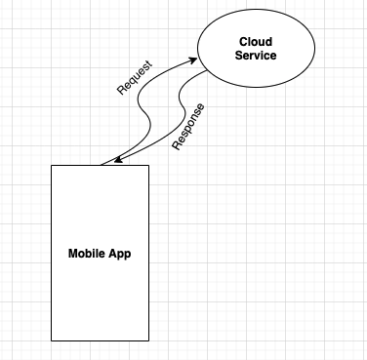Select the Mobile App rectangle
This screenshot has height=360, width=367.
tap(100, 293)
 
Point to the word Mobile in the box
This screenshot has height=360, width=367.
tap(87, 254)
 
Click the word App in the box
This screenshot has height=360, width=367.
tap(120, 254)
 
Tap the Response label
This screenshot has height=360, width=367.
tap(189, 128)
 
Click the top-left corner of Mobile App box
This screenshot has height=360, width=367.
tap(51, 165)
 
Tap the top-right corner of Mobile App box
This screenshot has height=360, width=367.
tap(149, 165)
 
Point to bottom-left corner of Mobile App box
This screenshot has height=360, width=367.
tap(51, 340)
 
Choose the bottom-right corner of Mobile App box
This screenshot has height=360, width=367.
tap(149, 340)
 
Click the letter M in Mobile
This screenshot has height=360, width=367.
tap(72, 254)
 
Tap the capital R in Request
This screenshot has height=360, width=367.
tap(120, 93)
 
